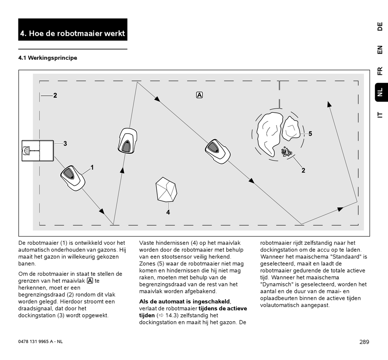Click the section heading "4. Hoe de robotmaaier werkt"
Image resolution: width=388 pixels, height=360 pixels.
coord(73,33)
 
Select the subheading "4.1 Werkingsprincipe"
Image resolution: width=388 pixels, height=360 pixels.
coord(48,58)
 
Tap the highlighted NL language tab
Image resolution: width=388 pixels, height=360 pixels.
coord(380,93)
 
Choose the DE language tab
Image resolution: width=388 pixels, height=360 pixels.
coord(380,27)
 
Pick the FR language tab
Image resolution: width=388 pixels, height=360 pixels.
coord(380,71)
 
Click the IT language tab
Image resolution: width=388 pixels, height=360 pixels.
coord(380,115)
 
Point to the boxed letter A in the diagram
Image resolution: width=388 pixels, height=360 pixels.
coord(199,95)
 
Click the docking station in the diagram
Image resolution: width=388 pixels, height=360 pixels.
coord(38,151)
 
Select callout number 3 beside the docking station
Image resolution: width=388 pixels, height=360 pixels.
coord(65,144)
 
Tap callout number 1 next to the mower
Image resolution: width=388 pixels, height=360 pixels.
coord(92,167)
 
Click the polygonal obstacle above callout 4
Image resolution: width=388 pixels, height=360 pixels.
coord(166,190)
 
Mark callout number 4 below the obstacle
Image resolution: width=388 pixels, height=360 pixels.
coord(168,212)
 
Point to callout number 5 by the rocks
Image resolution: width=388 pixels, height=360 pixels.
coord(310,134)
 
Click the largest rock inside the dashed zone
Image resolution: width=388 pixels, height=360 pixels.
coord(271,133)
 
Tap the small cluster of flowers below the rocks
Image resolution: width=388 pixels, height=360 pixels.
coord(286,152)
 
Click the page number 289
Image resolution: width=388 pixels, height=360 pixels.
coord(364,342)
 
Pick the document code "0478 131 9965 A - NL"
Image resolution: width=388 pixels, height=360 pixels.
coord(41,342)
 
